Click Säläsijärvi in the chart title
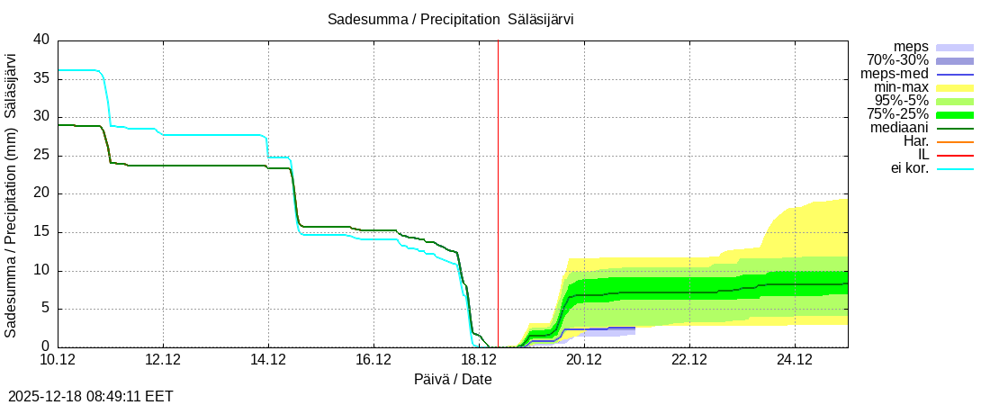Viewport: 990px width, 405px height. pyautogui.click(x=541, y=19)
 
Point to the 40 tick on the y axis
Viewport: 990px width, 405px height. pyautogui.click(x=41, y=40)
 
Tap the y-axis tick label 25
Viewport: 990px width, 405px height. pyautogui.click(x=41, y=155)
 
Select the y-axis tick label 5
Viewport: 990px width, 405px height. pyautogui.click(x=46, y=309)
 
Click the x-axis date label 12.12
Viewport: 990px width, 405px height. pyautogui.click(x=163, y=360)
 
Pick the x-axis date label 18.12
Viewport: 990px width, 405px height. pyautogui.click(x=479, y=360)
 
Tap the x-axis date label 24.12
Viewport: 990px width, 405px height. pyautogui.click(x=795, y=360)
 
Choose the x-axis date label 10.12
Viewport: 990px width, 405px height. pyautogui.click(x=58, y=360)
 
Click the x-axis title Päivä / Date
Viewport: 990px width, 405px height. pyautogui.click(x=453, y=379)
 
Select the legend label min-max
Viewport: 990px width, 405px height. pyautogui.click(x=901, y=87)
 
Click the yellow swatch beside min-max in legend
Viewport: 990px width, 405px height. pyautogui.click(x=955, y=88)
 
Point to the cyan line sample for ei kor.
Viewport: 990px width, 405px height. pyautogui.click(x=955, y=169)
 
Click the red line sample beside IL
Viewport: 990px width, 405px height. pyautogui.click(x=955, y=156)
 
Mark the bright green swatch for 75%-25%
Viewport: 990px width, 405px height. pyautogui.click(x=955, y=115)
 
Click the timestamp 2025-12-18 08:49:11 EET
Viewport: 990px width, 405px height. pyautogui.click(x=91, y=395)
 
